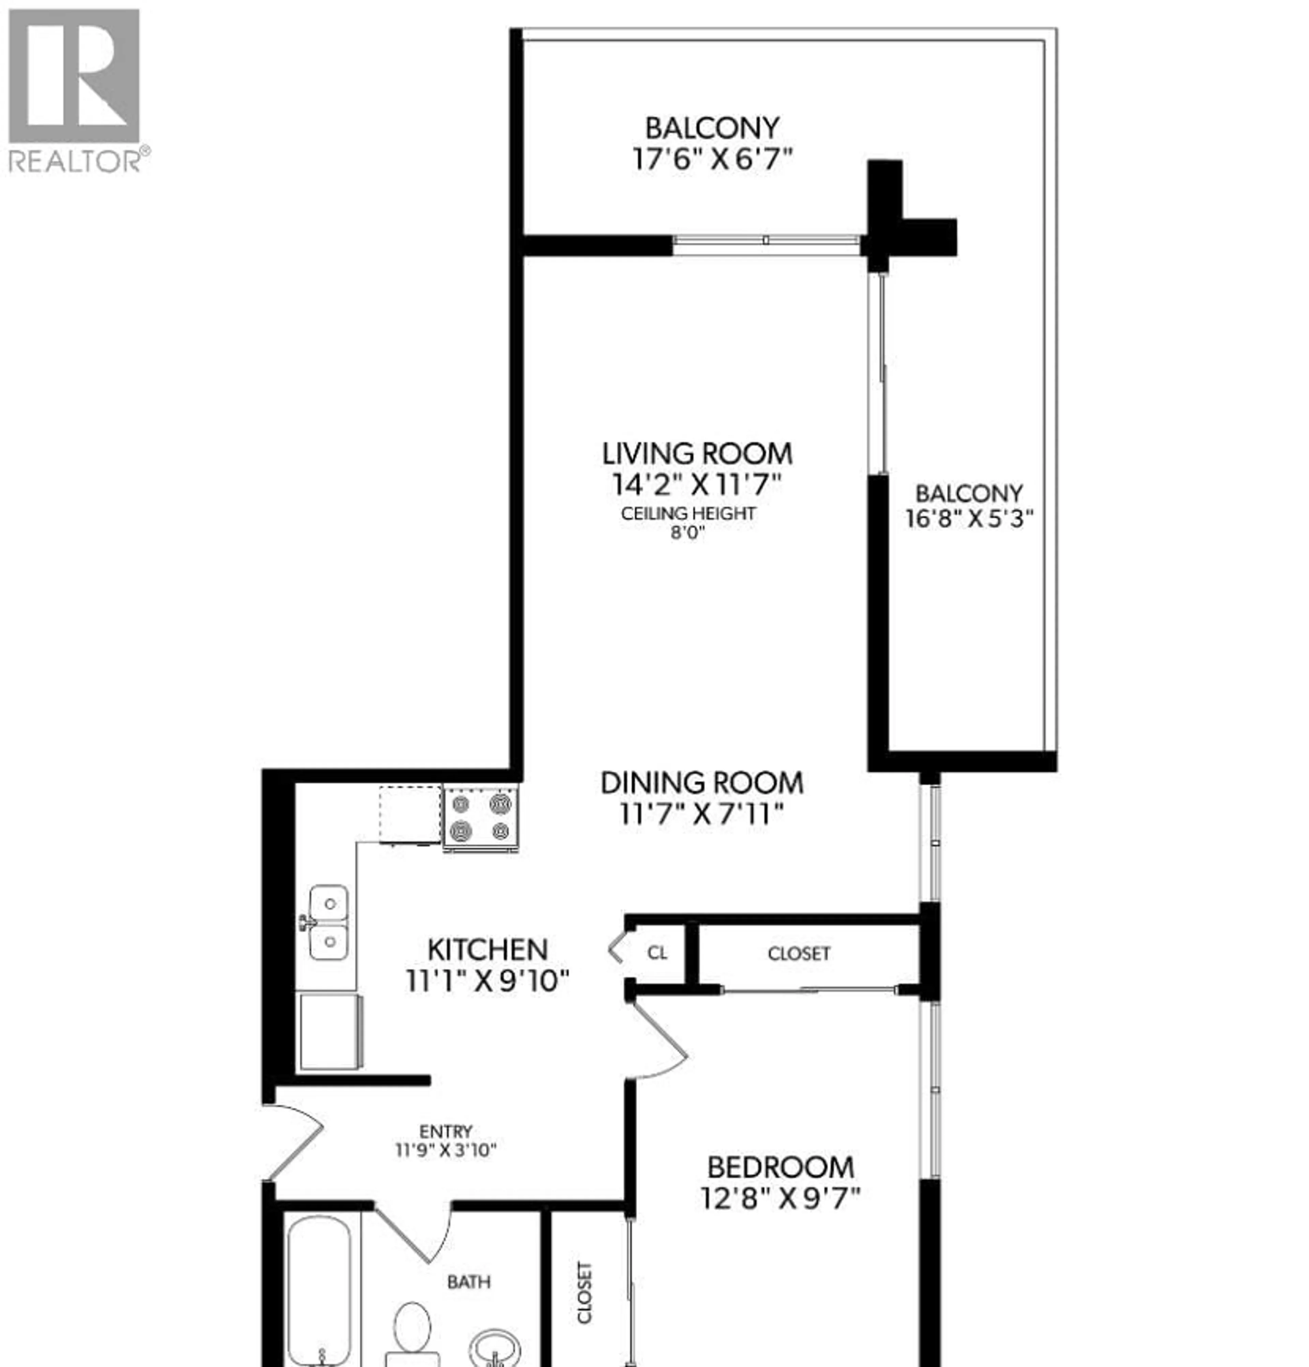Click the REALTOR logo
pyautogui.click(x=75, y=89)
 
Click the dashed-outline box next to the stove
pyautogui.click(x=410, y=814)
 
